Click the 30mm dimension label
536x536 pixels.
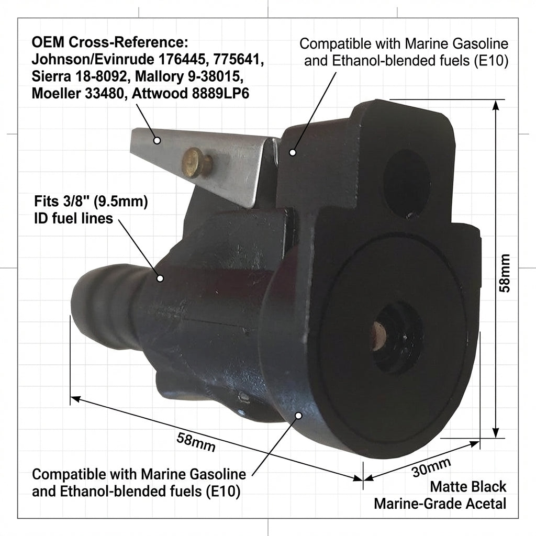[x=431, y=467]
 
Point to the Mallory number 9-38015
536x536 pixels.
[x=214, y=76]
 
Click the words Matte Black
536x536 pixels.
[x=468, y=487]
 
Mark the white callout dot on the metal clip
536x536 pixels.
[x=157, y=140]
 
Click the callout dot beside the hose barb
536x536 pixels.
[x=160, y=279]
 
